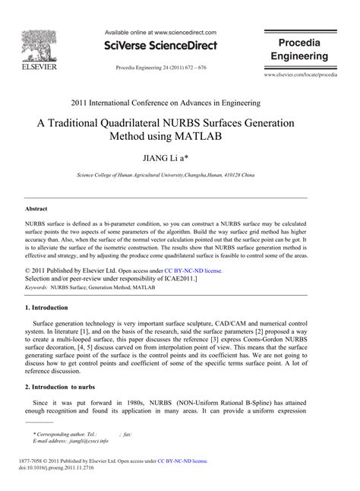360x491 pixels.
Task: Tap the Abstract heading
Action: pyautogui.click(x=36, y=207)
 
